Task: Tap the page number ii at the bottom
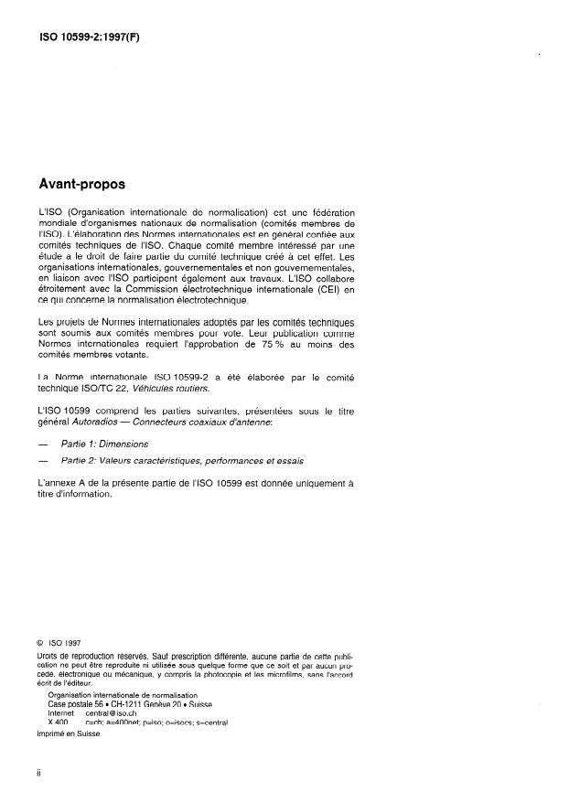[x=38, y=773]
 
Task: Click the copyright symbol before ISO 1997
[x=40, y=642]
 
